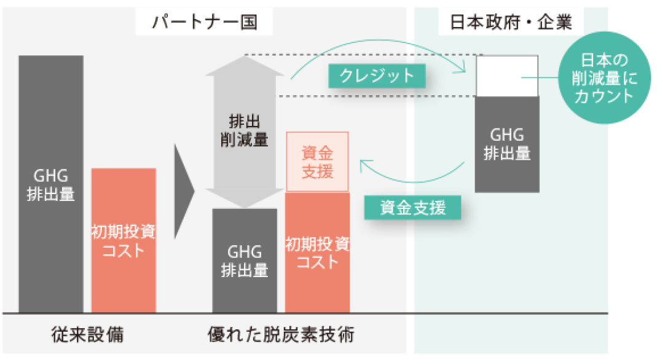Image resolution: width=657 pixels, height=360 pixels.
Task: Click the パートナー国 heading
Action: [x=204, y=23]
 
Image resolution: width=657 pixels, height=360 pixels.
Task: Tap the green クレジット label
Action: [x=377, y=76]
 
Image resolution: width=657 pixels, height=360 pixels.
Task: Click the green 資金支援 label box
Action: [x=412, y=208]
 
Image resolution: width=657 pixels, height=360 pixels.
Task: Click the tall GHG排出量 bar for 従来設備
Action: [x=51, y=184]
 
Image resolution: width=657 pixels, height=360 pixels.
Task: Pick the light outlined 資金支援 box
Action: [x=317, y=162]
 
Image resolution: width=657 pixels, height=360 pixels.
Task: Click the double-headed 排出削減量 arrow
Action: [x=245, y=132]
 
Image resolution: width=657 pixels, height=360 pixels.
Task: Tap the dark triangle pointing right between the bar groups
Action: [x=183, y=191]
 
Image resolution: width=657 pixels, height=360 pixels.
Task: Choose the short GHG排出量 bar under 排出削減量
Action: [x=245, y=261]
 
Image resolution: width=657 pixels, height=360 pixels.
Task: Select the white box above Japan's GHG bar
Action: [x=507, y=76]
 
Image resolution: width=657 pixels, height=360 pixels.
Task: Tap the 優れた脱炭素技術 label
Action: [x=281, y=335]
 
